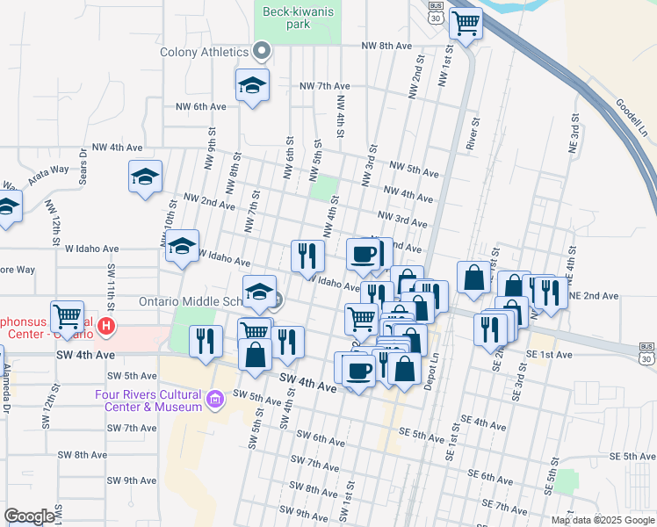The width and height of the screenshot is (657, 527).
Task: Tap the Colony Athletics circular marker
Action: (261, 51)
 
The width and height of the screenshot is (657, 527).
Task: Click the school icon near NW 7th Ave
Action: (252, 85)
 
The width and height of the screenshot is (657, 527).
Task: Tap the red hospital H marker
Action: (106, 327)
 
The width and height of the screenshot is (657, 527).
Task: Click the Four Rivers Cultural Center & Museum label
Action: (148, 401)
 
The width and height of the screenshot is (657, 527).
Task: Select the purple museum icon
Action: (213, 401)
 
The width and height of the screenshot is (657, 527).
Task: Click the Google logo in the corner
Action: (29, 516)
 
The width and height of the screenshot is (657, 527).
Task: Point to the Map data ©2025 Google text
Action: (603, 520)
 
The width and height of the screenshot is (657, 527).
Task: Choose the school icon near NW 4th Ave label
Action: (145, 177)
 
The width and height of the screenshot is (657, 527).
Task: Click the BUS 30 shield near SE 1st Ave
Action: (647, 353)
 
